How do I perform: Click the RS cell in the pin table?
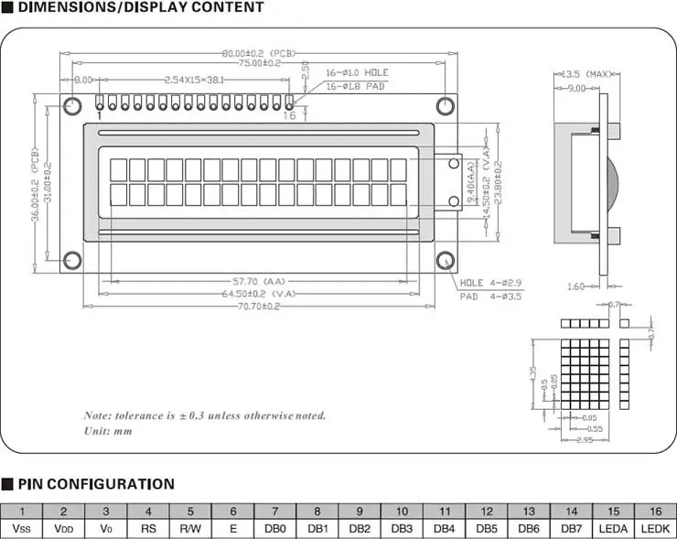click(x=148, y=529)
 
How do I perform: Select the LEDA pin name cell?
click(x=613, y=529)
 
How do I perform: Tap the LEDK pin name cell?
click(x=655, y=529)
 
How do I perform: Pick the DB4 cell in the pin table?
click(x=444, y=529)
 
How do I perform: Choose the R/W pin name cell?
click(x=190, y=529)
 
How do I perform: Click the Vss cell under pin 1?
click(x=21, y=529)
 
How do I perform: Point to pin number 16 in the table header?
click(x=655, y=512)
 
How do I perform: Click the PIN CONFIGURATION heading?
click(x=95, y=484)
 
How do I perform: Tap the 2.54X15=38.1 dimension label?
click(x=194, y=80)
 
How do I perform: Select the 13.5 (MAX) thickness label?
click(x=586, y=73)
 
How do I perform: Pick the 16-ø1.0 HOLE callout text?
click(x=358, y=72)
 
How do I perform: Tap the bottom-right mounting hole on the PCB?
click(x=446, y=262)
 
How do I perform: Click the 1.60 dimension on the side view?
click(x=575, y=286)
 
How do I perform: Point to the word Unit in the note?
click(x=95, y=429)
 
